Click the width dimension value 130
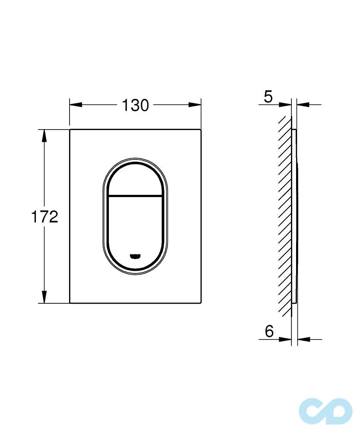[135, 105]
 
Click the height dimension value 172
[44, 216]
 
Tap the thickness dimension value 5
[268, 97]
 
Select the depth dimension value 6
[269, 331]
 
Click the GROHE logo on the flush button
[136, 257]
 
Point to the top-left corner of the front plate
[70, 130]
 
